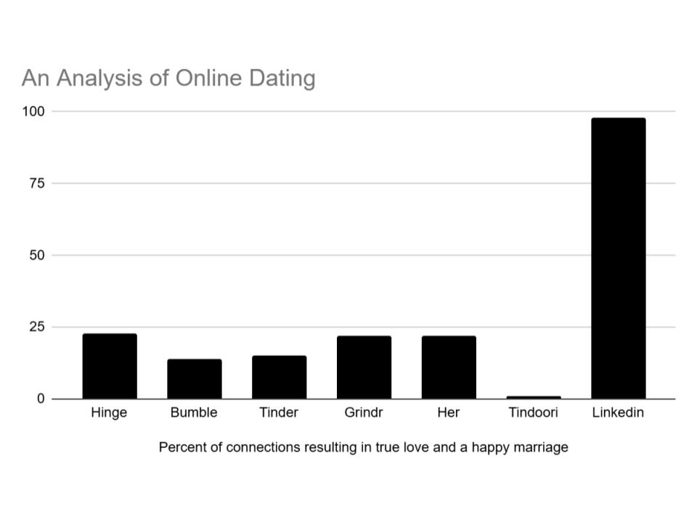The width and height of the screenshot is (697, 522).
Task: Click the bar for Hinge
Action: point(110,366)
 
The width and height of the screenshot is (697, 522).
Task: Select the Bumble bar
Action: point(194,378)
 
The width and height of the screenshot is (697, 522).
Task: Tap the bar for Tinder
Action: point(279,377)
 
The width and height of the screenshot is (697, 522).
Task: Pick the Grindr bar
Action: point(364,367)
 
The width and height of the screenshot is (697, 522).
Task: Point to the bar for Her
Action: point(449,367)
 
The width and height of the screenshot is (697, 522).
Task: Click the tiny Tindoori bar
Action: point(534,397)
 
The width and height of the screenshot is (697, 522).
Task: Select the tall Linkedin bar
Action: point(618,258)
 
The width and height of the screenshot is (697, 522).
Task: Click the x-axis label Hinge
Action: point(110,413)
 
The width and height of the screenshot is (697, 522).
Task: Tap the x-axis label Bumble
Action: point(194,413)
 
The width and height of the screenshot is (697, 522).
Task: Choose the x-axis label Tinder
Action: point(279,413)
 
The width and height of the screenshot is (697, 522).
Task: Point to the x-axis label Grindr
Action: point(364,413)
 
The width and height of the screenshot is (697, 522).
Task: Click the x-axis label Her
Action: point(449,413)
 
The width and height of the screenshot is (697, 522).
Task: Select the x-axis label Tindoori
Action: point(534,413)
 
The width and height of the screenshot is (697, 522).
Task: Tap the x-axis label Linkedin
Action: point(618,413)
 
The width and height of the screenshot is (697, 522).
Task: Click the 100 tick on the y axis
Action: point(34,112)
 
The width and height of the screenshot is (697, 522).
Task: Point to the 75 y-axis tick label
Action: point(37,183)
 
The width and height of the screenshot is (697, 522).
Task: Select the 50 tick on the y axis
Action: point(37,255)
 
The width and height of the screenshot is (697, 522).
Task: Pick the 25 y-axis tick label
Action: point(37,327)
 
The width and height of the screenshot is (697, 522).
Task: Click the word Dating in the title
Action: point(282,78)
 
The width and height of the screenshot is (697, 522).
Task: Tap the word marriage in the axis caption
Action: point(540,447)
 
